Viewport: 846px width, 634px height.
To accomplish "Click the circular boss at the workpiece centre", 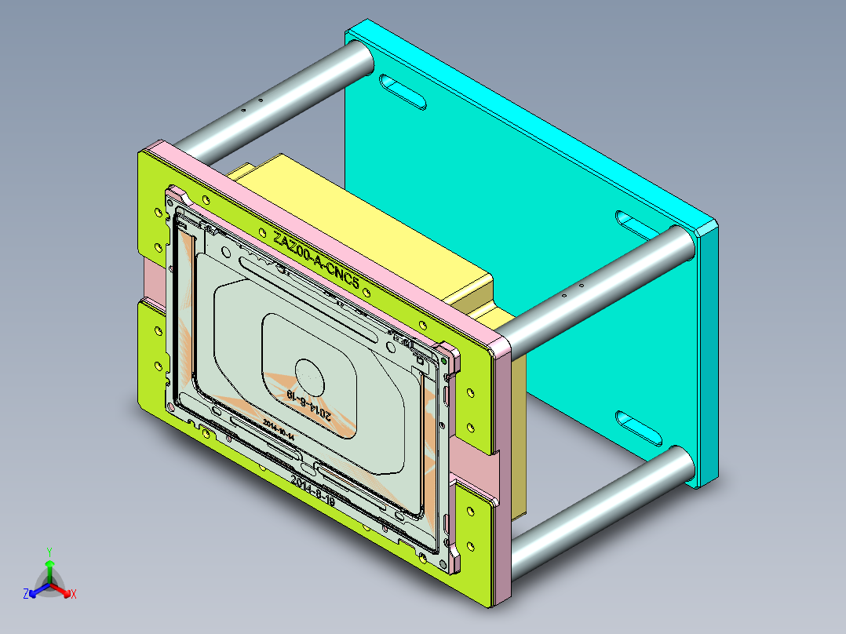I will (306, 371).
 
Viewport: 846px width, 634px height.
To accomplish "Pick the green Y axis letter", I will (49, 551).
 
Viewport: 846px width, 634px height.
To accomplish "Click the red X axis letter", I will (73, 595).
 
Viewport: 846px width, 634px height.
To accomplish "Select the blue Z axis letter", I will (26, 595).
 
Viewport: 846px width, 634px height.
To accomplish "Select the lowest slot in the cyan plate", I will (640, 428).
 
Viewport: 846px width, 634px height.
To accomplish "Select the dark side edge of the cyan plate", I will (709, 353).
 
